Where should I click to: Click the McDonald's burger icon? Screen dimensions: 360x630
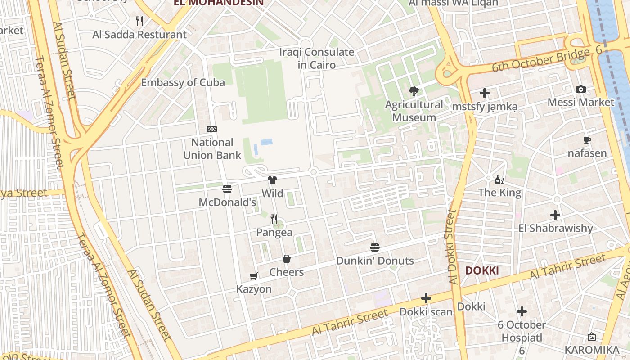pyautogui.click(x=227, y=189)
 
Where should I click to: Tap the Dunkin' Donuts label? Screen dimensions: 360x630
pyautogui.click(x=375, y=261)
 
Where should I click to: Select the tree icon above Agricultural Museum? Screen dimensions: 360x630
pyautogui.click(x=414, y=92)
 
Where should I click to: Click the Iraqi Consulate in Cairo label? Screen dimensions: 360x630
pyautogui.click(x=317, y=58)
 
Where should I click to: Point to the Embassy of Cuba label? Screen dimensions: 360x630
pyautogui.click(x=183, y=82)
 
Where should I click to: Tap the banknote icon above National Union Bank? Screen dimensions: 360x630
pyautogui.click(x=212, y=129)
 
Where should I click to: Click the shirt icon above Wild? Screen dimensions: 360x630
pyautogui.click(x=272, y=180)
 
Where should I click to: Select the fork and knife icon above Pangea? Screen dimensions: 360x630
pyautogui.click(x=274, y=219)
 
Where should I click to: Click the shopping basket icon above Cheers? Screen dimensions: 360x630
pyautogui.click(x=287, y=259)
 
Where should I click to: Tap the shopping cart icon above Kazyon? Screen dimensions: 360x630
pyautogui.click(x=254, y=276)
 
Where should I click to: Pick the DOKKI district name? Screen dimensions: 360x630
pyautogui.click(x=481, y=270)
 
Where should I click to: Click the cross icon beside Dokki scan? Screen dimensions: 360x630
pyautogui.click(x=426, y=298)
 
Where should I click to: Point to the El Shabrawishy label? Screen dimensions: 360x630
pyautogui.click(x=555, y=228)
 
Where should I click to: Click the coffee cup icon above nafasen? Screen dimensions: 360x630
pyautogui.click(x=587, y=140)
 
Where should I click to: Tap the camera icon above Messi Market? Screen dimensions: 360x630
pyautogui.click(x=581, y=89)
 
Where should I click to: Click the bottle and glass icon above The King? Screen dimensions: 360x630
pyautogui.click(x=499, y=180)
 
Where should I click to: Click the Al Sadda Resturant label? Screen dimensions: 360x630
pyautogui.click(x=139, y=35)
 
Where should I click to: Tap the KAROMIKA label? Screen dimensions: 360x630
pyautogui.click(x=592, y=350)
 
